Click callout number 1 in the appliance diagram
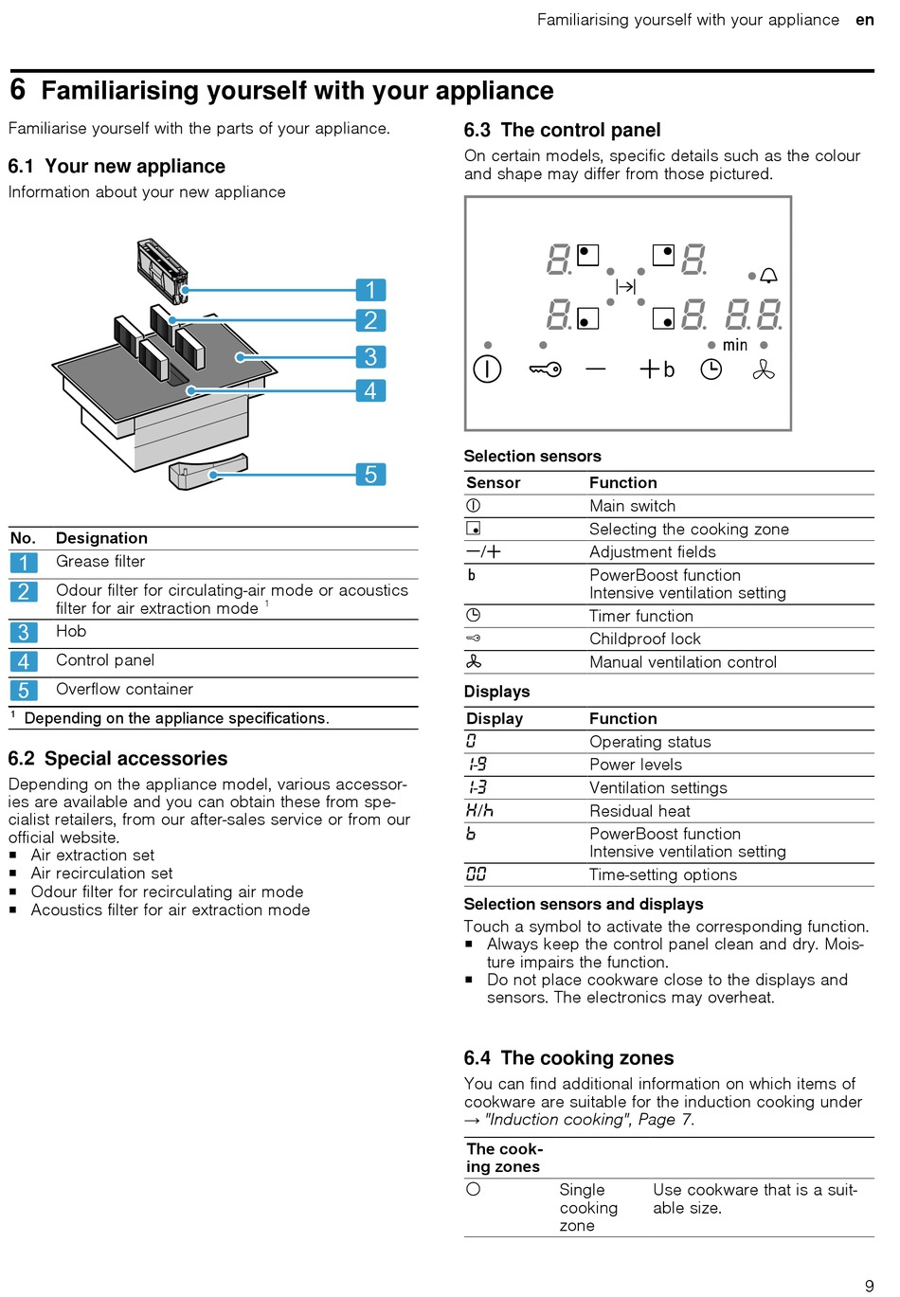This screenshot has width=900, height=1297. point(370,290)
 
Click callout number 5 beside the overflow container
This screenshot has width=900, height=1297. point(370,475)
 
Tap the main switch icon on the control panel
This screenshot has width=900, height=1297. point(487,369)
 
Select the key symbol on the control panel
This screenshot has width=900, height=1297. point(545,369)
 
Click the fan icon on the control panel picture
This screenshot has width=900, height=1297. point(764,369)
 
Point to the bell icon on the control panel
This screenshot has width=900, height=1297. point(769,276)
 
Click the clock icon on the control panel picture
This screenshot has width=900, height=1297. point(711,369)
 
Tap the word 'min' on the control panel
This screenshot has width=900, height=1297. point(735,346)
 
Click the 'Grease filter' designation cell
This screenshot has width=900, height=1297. point(100,562)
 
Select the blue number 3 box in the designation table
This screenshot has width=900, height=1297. point(24,632)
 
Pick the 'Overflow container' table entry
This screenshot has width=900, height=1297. point(124,690)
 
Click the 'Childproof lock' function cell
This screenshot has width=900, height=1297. point(645,639)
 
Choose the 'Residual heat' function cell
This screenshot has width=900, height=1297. point(639,811)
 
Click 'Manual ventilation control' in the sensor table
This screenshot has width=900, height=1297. point(683,662)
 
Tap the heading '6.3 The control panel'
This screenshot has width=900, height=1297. point(562,131)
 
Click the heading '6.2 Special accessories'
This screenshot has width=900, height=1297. point(117,759)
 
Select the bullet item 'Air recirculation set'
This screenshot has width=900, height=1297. point(101,874)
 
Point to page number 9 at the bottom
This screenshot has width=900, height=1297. point(869,1286)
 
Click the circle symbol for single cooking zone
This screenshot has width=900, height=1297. point(474,1189)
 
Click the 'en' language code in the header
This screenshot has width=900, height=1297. point(864,20)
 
